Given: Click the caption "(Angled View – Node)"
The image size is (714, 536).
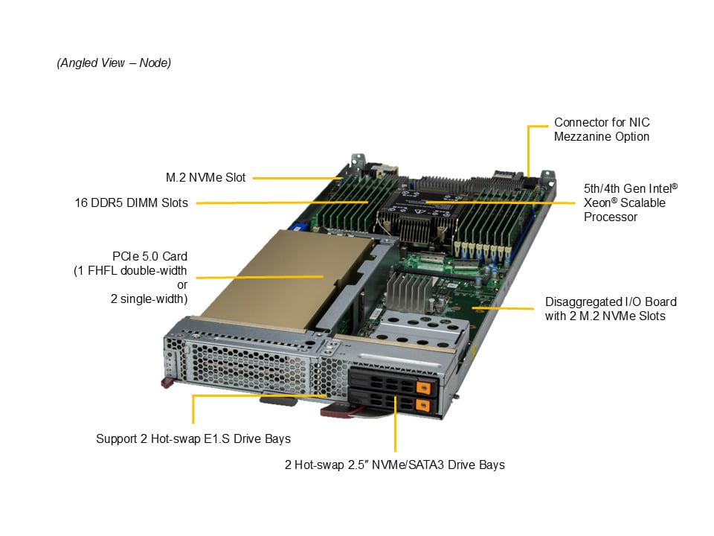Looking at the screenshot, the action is (114, 63).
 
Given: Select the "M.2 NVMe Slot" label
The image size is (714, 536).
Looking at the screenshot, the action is (205, 177).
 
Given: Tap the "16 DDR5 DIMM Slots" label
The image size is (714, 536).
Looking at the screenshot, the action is (131, 202).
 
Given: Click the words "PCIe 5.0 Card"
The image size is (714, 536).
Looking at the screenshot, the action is (149, 256).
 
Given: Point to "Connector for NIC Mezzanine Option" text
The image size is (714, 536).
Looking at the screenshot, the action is (602, 130).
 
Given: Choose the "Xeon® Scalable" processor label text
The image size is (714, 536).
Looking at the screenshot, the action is (624, 202).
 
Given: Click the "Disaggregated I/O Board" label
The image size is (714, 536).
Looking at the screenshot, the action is (611, 301).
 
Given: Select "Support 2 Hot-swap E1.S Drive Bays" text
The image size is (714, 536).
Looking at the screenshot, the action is (193, 438).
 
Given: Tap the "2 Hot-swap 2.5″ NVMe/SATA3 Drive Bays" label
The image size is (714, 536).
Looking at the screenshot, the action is (395, 465).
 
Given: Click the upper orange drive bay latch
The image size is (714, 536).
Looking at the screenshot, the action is (423, 388).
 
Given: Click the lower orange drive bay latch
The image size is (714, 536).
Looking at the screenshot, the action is (423, 405).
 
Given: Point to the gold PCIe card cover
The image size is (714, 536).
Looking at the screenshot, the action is (292, 278).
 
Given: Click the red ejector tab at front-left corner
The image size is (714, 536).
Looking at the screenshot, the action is (167, 383).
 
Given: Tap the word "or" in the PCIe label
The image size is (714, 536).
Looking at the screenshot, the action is (182, 285).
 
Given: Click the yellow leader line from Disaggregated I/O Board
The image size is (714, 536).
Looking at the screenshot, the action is (503, 308).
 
